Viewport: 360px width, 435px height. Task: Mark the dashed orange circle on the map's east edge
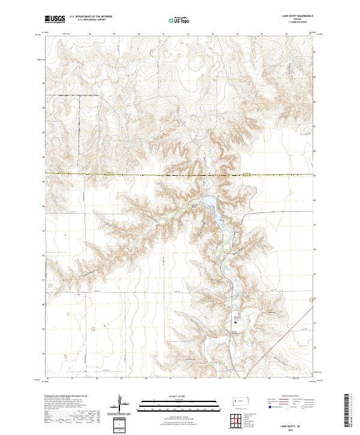310,298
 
